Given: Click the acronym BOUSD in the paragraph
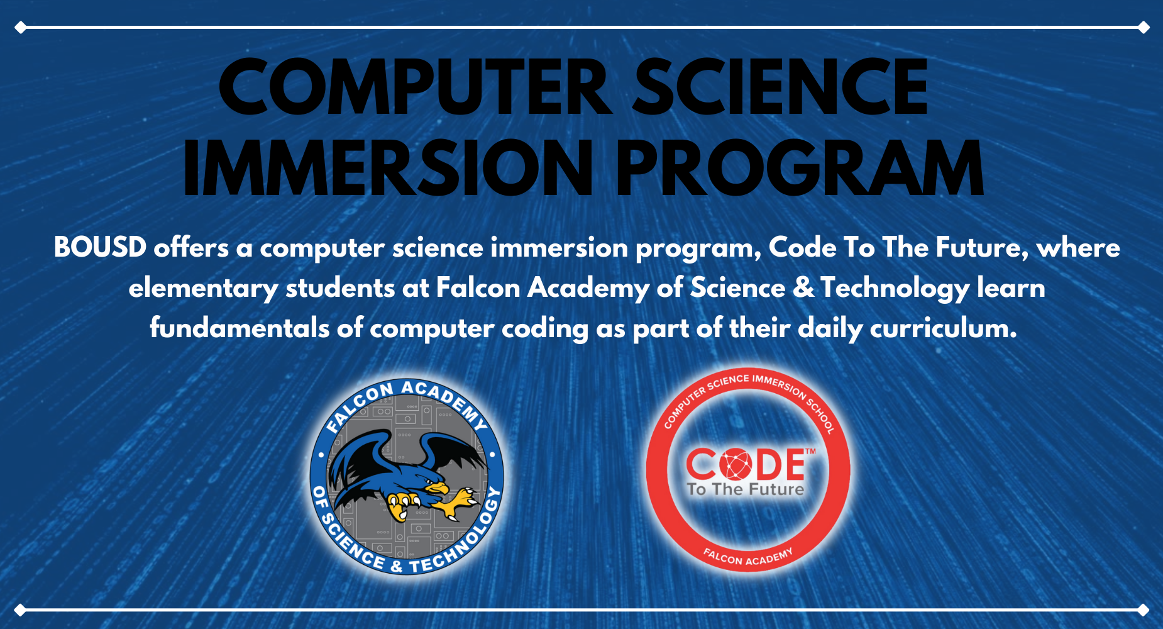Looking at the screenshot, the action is click(x=101, y=247).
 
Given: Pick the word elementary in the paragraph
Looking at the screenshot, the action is click(x=203, y=289).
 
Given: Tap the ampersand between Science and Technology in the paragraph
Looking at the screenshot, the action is click(x=803, y=288).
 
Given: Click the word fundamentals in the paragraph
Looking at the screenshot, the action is click(x=240, y=328).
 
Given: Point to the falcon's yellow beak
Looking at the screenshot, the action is click(x=437, y=487).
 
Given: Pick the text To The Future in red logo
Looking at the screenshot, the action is click(x=746, y=489).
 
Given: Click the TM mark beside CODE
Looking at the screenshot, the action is click(x=810, y=451).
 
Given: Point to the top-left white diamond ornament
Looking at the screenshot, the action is click(x=20, y=28).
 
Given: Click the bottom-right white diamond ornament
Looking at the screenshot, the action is click(x=1144, y=610).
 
